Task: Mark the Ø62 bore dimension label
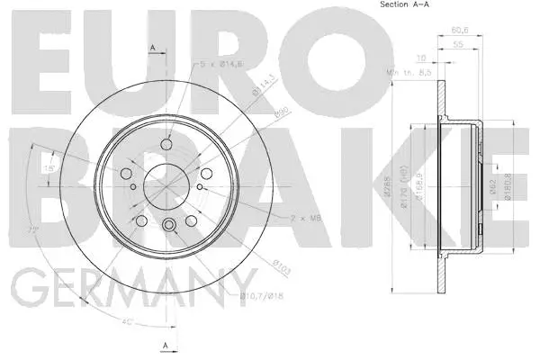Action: tap(492, 187)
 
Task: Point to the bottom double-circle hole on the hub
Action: tap(168, 225)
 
